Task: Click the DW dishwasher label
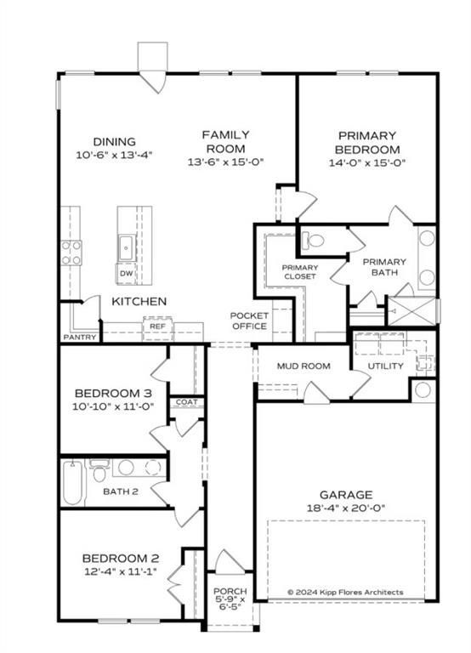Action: (126, 274)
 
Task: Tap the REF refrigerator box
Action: (157, 328)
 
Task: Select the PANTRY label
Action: (80, 337)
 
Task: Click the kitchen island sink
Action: (126, 249)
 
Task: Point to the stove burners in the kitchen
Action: (71, 253)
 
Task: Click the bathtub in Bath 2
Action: (73, 483)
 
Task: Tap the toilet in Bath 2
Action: (99, 471)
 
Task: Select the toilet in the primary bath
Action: (313, 240)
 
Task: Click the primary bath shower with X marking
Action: (411, 310)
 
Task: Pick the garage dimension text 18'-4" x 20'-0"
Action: (346, 508)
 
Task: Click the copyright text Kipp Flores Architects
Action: (345, 592)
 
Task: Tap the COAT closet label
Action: (186, 402)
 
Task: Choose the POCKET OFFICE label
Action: (249, 321)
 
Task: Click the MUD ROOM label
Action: (304, 366)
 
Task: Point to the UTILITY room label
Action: (385, 366)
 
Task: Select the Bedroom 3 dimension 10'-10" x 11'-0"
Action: (113, 406)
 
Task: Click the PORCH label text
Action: (230, 591)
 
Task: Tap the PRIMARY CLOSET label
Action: (300, 272)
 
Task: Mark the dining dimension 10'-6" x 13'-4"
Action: (114, 155)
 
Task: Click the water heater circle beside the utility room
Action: (423, 390)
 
